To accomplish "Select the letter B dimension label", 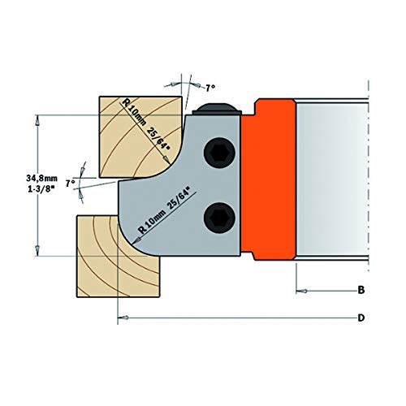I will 361,289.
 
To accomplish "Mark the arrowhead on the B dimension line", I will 299,289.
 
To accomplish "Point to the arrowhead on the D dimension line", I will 122,317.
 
